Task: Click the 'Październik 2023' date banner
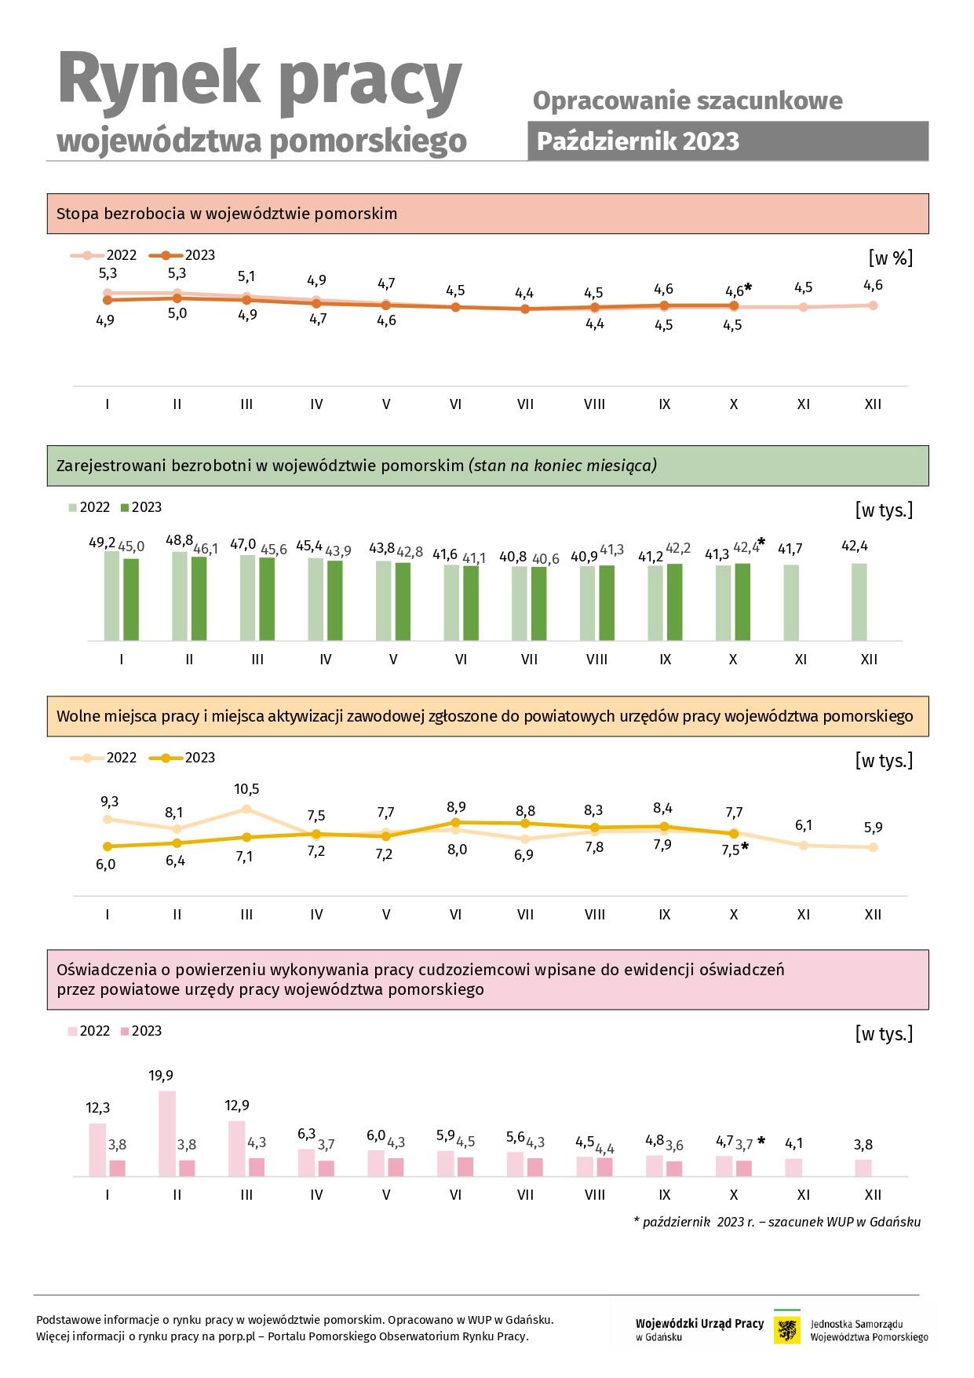[728, 141]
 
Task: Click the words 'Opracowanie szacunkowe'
[688, 101]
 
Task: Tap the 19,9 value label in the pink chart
[161, 1075]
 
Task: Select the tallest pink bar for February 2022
[167, 1133]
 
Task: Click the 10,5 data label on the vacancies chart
[246, 789]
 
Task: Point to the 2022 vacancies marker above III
[246, 809]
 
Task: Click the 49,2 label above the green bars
[102, 543]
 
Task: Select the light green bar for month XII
[859, 602]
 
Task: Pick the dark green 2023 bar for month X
[742, 602]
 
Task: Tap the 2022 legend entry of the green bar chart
[89, 507]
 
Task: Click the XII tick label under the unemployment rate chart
[873, 404]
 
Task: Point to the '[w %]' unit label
[891, 258]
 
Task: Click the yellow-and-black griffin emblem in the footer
[787, 1330]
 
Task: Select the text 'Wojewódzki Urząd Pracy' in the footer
[699, 1323]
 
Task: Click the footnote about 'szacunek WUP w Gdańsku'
[777, 1222]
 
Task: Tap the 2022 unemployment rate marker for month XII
[873, 305]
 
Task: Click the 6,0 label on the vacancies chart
[106, 864]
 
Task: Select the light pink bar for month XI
[794, 1168]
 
